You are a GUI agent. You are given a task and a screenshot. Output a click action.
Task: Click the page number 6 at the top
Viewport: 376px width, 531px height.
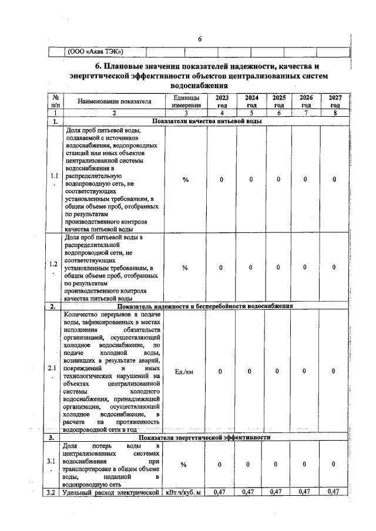tap(200, 39)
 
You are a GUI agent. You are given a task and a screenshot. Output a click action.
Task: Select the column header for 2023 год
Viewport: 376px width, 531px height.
tap(221, 101)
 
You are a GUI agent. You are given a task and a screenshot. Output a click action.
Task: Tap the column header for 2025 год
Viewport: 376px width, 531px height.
tap(279, 101)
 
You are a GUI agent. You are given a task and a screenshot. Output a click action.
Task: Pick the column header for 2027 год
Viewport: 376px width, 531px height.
tap(334, 101)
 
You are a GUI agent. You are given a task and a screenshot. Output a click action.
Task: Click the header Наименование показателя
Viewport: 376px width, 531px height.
tap(115, 101)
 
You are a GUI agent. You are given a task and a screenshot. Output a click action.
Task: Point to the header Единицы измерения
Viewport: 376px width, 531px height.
tap(186, 101)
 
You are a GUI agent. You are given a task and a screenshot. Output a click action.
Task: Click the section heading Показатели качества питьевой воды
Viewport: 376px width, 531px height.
tap(207, 121)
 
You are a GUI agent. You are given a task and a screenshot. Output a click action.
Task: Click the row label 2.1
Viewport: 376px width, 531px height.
tap(55, 371)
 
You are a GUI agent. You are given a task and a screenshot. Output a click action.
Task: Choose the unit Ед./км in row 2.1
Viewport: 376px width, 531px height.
tap(185, 371)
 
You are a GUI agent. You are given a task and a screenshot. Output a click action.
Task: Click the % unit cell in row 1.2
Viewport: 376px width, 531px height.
tap(185, 268)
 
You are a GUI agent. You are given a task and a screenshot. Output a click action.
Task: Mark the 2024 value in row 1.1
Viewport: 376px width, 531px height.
tap(251, 180)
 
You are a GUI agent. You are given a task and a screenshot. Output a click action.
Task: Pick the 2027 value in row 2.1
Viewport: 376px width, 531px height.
tap(334, 371)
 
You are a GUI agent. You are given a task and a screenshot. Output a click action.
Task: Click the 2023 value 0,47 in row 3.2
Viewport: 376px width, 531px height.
tap(221, 492)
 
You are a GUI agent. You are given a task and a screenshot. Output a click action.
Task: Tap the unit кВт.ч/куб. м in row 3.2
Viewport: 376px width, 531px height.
tap(185, 492)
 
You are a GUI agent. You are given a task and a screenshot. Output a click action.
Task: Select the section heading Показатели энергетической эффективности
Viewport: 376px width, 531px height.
tap(204, 438)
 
